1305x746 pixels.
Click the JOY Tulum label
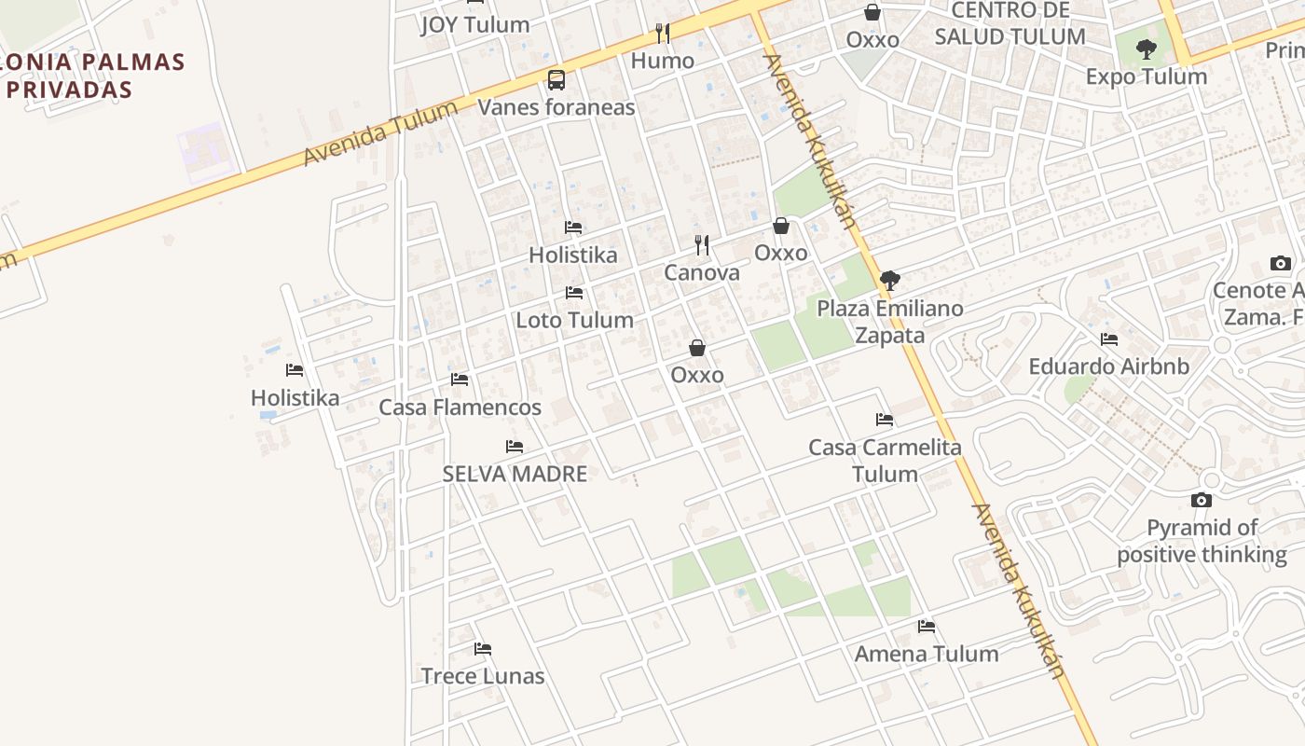point(474,24)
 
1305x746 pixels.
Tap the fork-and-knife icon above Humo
point(663,34)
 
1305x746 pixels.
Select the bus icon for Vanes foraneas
point(556,80)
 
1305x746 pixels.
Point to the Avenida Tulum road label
point(380,133)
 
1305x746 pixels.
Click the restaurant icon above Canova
point(702,245)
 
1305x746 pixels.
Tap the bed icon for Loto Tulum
point(574,293)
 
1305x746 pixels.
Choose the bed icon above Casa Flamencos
point(460,380)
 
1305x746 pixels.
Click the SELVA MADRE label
point(515,474)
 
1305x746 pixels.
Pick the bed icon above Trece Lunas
point(482,649)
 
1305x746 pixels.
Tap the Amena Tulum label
point(927,654)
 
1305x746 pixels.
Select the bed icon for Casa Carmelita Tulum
point(885,420)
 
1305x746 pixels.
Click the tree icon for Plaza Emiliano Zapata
point(890,280)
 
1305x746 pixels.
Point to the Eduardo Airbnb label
point(1108,366)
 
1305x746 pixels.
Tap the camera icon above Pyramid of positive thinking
point(1202,501)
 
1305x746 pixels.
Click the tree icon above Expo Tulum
point(1147,49)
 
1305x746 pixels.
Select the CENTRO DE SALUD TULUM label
point(1010,24)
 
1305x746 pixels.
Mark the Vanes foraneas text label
point(556,107)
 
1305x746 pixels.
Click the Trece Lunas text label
point(482,676)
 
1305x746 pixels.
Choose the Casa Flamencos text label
point(460,408)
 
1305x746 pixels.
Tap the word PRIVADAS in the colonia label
point(69,90)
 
